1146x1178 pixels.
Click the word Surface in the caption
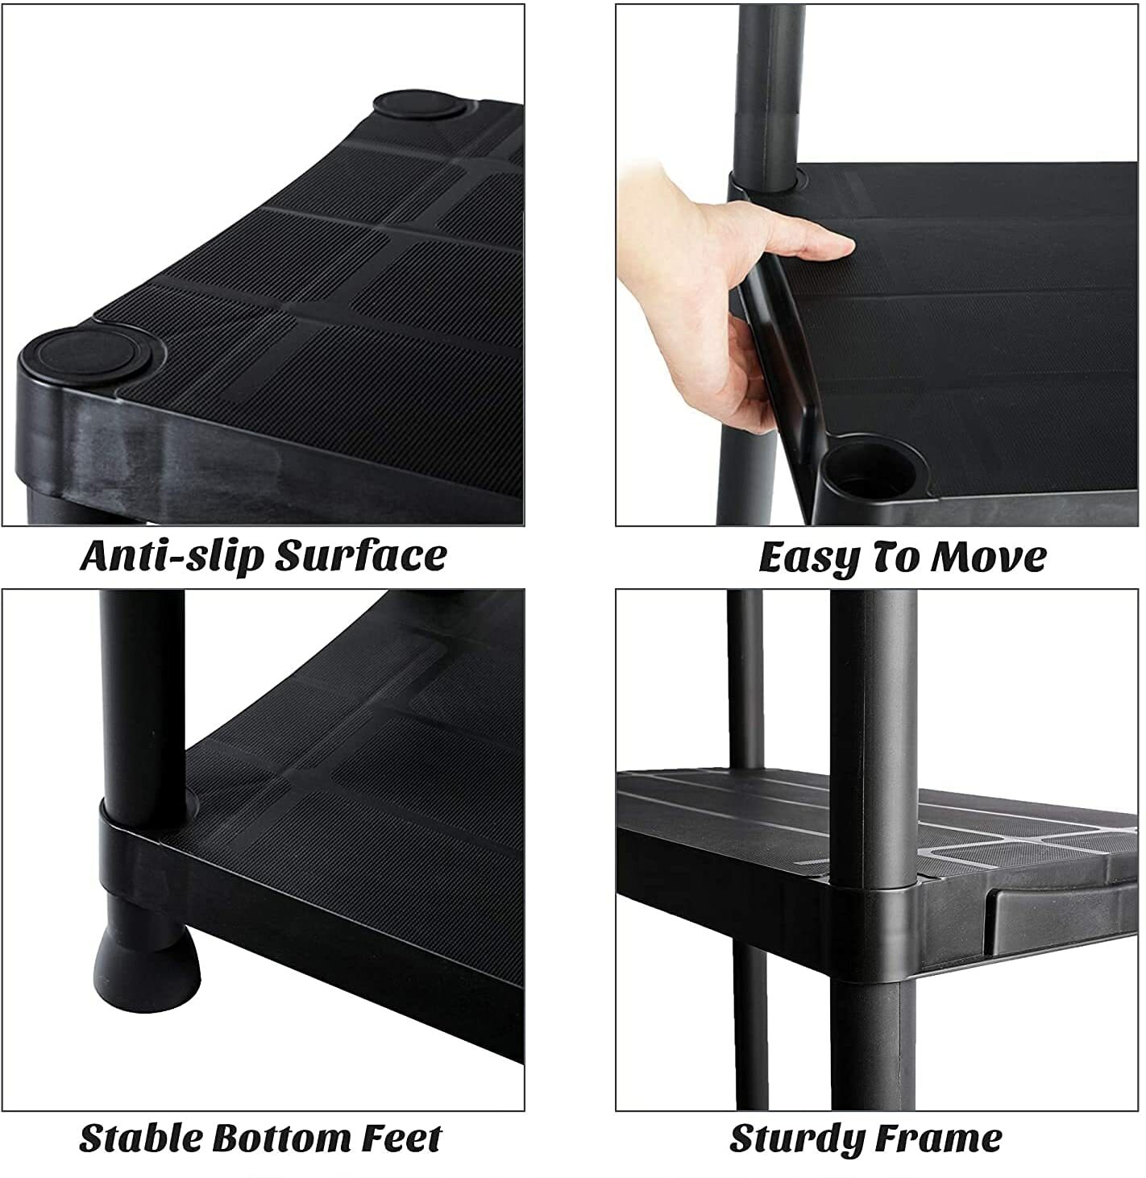click(360, 556)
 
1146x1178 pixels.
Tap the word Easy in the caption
click(810, 558)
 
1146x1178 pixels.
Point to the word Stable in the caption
click(139, 1139)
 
